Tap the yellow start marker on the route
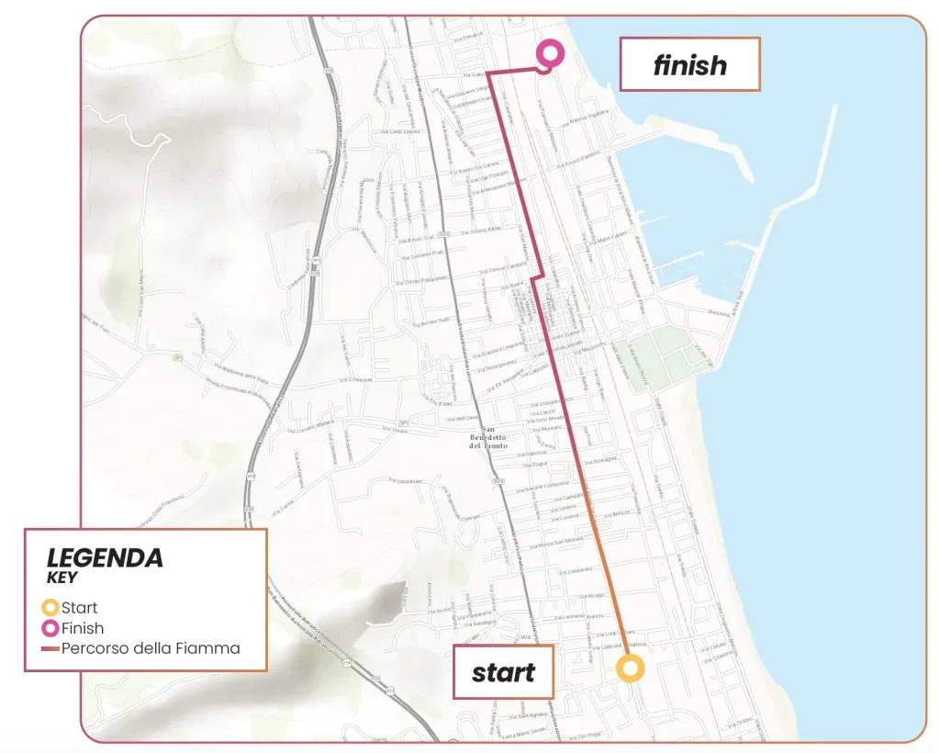(x=630, y=669)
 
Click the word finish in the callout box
(x=690, y=65)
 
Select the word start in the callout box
(x=503, y=672)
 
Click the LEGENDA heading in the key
(x=105, y=557)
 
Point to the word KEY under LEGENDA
(x=62, y=579)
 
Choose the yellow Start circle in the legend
(x=50, y=608)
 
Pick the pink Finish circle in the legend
(x=50, y=629)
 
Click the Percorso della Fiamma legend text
(x=151, y=649)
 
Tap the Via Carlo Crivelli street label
(x=405, y=132)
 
